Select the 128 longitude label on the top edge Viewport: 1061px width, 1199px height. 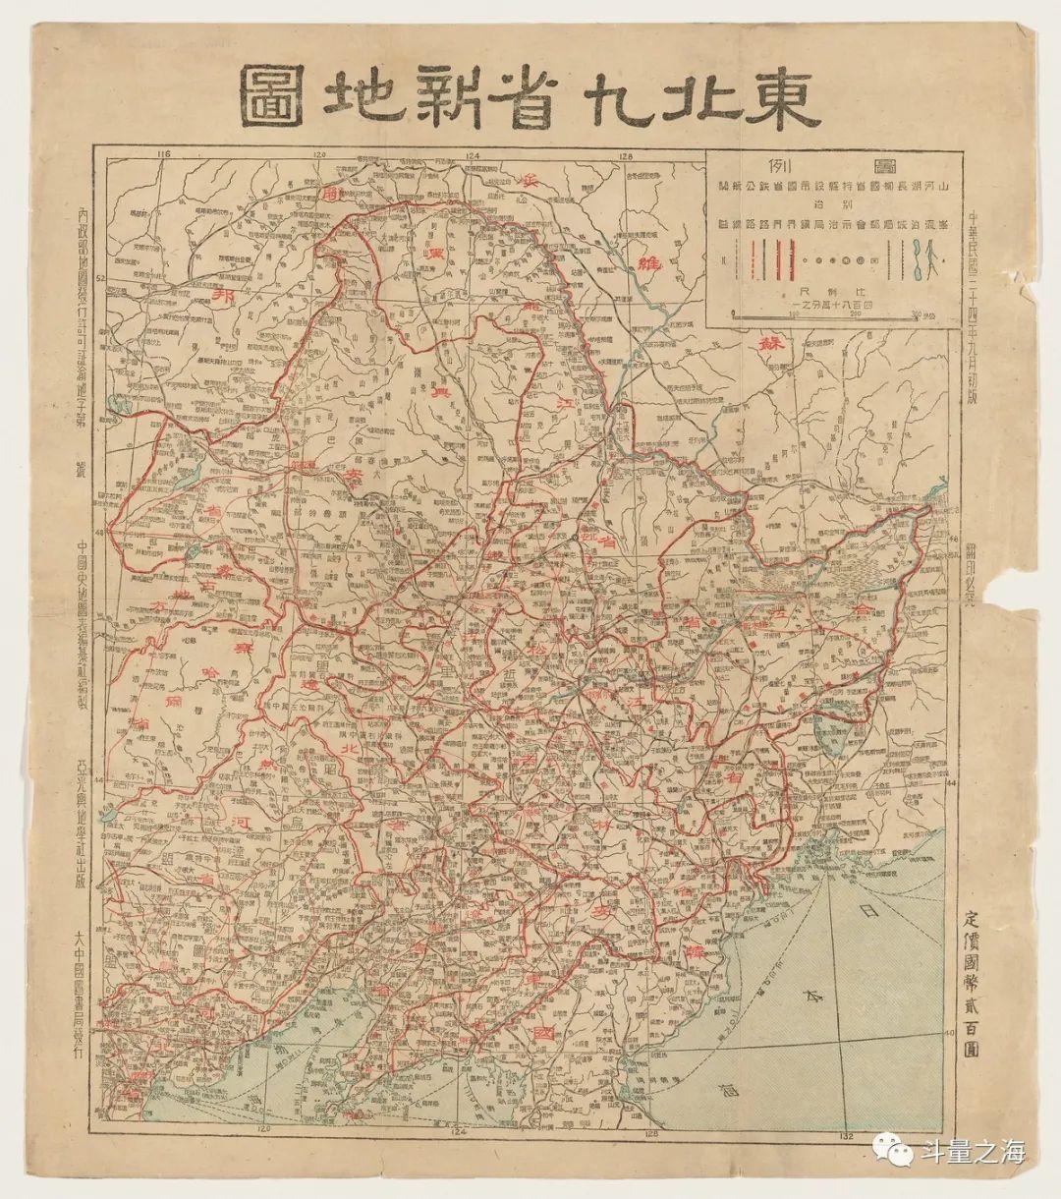coord(627,155)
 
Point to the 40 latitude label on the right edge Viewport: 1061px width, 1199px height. coord(950,1033)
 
